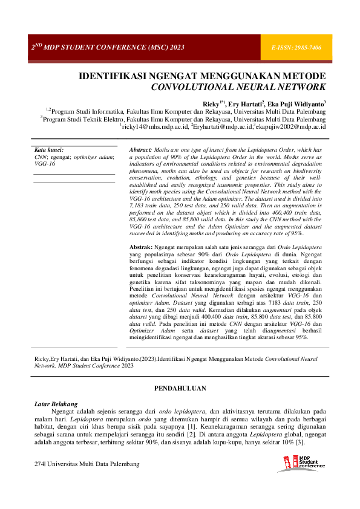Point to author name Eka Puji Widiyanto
[296, 104]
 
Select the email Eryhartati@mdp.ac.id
[221, 128]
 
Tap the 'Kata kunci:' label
[49, 149]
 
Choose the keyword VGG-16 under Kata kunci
[44, 163]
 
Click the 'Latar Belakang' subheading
[56, 403]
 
